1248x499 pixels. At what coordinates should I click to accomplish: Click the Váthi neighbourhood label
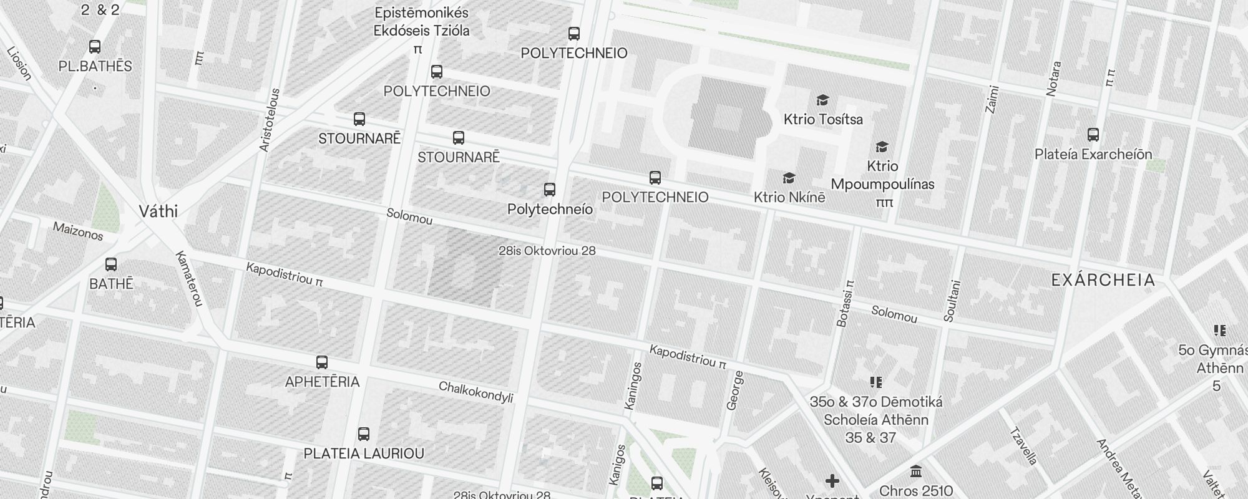click(x=158, y=211)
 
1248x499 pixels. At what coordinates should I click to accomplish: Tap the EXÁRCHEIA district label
click(x=1103, y=280)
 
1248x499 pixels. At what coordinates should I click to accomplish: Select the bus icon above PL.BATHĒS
click(x=95, y=47)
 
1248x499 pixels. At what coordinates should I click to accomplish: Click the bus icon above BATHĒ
click(x=111, y=264)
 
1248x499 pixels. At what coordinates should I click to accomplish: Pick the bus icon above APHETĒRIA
click(x=322, y=362)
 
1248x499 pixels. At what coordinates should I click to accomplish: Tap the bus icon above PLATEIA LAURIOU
click(x=364, y=434)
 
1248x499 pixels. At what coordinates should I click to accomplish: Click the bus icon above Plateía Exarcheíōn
click(x=1093, y=135)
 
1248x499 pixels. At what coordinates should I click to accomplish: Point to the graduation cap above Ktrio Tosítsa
click(x=823, y=100)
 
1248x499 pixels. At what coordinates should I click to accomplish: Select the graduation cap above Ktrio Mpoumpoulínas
click(x=882, y=147)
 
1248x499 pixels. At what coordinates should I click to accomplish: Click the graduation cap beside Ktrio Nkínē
click(x=789, y=178)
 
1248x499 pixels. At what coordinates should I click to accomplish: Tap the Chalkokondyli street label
click(x=476, y=392)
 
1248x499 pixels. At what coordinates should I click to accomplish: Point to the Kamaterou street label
click(x=189, y=279)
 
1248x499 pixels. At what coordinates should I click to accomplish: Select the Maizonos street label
click(x=78, y=231)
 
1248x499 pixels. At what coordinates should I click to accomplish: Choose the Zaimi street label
click(x=992, y=99)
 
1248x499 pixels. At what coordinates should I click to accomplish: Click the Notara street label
click(x=1053, y=79)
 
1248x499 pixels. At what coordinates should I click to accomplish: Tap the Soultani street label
click(x=952, y=301)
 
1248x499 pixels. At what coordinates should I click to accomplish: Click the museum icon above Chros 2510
click(x=916, y=471)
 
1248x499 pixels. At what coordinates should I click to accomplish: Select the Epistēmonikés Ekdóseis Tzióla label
click(x=421, y=22)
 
